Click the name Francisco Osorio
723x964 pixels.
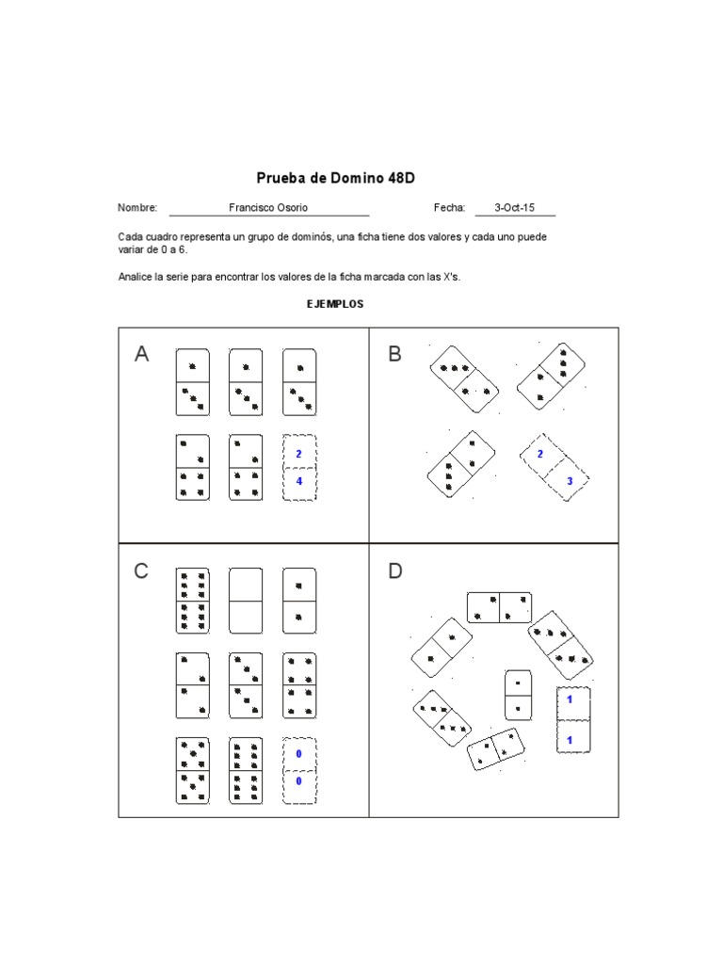point(268,208)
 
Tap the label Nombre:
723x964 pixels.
point(137,208)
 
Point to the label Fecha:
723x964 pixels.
point(449,208)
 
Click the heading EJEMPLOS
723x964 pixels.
point(335,304)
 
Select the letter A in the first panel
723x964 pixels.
point(142,354)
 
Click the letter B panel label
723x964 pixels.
point(394,354)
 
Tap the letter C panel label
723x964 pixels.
point(141,570)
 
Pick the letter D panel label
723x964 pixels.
point(395,570)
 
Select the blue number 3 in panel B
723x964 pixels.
point(569,481)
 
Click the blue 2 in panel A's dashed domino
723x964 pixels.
point(298,454)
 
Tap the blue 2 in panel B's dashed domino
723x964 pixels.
point(539,455)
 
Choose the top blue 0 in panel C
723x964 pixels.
point(298,754)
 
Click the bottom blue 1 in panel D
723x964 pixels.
point(570,741)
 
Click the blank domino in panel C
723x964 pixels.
point(246,601)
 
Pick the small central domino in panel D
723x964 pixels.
point(519,694)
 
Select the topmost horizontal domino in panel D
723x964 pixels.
point(499,608)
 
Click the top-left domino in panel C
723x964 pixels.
point(192,601)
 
